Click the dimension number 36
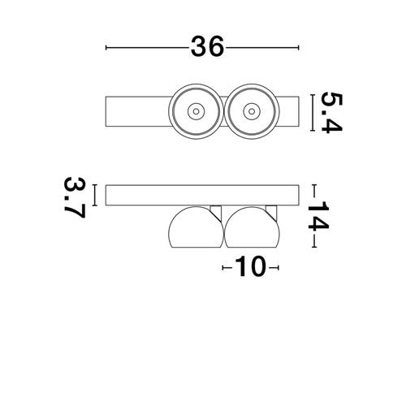tap(208, 47)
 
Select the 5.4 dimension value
tap(331, 113)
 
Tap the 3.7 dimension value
tap(75, 197)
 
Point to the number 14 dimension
tap(318, 215)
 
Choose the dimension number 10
tap(250, 266)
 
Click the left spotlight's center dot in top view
tap(196, 111)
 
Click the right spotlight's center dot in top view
tap(252, 111)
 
